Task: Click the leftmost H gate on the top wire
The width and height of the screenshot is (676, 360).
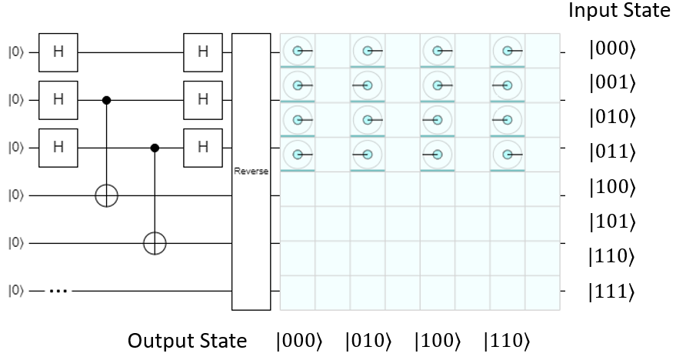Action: click(58, 52)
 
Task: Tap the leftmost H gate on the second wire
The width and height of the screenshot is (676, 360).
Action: click(58, 99)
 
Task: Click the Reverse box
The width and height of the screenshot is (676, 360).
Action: click(251, 172)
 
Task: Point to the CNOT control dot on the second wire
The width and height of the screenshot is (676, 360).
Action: click(107, 100)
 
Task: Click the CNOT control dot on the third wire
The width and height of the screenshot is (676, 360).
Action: click(155, 148)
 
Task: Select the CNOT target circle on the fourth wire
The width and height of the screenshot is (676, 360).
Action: click(107, 195)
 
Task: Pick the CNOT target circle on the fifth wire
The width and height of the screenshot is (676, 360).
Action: click(155, 243)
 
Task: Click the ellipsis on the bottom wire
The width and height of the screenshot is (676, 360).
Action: click(60, 292)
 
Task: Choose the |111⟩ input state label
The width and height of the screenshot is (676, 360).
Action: click(611, 292)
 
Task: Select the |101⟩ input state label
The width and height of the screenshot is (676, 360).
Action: click(611, 222)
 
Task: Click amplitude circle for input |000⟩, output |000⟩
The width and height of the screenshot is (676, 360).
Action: click(297, 52)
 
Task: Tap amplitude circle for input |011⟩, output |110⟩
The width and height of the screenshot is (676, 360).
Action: click(507, 155)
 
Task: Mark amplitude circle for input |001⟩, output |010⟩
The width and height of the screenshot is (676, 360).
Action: click(368, 85)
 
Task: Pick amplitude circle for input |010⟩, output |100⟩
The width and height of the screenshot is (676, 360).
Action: click(437, 120)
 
